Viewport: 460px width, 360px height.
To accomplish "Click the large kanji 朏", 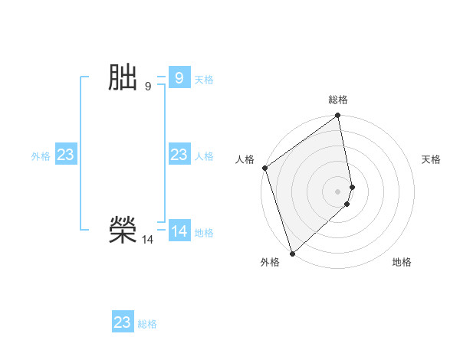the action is tap(123, 78).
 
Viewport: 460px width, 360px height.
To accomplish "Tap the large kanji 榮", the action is tap(123, 231).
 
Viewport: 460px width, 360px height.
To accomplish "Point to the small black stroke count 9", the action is tap(148, 87).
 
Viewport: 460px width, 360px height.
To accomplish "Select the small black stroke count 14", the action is tap(147, 240).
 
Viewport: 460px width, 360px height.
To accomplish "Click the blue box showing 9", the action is tap(179, 78).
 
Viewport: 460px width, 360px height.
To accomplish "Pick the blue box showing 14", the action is tap(179, 231).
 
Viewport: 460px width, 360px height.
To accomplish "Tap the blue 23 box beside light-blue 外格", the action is tap(65, 155).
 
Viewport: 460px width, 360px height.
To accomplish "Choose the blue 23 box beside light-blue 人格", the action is tap(179, 155).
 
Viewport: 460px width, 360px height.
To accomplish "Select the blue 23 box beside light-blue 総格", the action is tap(123, 322).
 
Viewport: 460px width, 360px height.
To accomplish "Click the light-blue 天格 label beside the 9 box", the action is tap(204, 80).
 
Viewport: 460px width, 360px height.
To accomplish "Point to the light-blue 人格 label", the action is tap(204, 156).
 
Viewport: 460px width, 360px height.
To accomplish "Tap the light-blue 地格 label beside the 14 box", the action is tap(204, 233).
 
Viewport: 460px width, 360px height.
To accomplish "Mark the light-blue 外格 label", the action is tap(41, 156).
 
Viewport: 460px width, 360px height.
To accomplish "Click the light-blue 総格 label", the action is tap(147, 324).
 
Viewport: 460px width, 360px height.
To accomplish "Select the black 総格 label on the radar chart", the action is tap(338, 100).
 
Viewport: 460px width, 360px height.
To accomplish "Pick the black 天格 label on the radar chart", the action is tap(431, 159).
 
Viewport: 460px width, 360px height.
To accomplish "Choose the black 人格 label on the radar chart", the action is tap(245, 159).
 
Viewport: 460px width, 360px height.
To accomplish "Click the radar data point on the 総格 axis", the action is tap(338, 116).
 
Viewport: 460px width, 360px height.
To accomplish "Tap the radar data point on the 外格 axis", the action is tap(292, 253).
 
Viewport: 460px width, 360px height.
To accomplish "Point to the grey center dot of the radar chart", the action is tap(338, 191).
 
